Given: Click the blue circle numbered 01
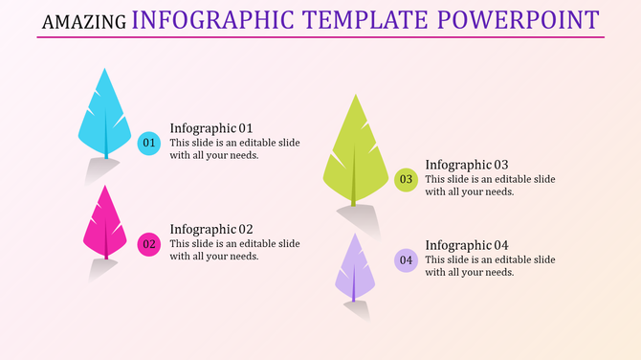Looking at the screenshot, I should (148, 144).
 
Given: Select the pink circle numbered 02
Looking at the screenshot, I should (148, 244).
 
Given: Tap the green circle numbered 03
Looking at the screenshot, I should (406, 179).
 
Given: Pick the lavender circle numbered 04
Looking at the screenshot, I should (406, 260).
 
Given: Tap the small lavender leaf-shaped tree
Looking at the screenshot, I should (354, 268).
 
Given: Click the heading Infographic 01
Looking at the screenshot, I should (210, 128).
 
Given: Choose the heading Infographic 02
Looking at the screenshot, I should (210, 229).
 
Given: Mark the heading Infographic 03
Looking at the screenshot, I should (466, 165).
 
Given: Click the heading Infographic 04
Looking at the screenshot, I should (466, 245).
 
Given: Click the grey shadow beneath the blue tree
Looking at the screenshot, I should (100, 172).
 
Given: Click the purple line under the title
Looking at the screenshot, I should (320, 37).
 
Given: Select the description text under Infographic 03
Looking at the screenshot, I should (489, 185).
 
